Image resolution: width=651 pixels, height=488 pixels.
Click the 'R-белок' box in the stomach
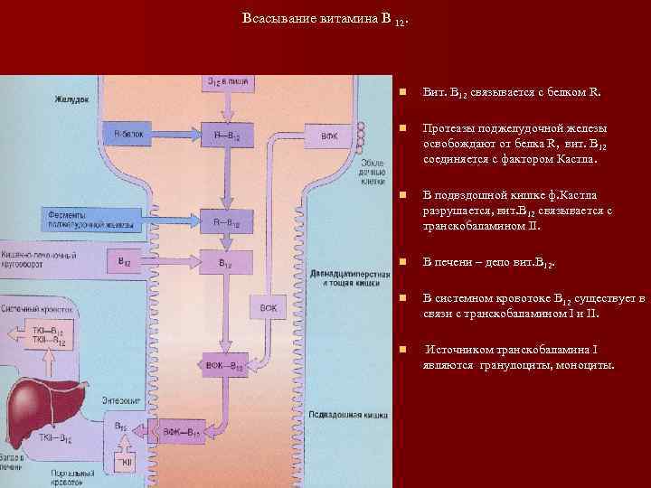129,134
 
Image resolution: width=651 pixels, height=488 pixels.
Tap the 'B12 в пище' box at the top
224,83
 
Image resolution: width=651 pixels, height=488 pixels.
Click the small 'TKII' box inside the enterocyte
127,462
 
